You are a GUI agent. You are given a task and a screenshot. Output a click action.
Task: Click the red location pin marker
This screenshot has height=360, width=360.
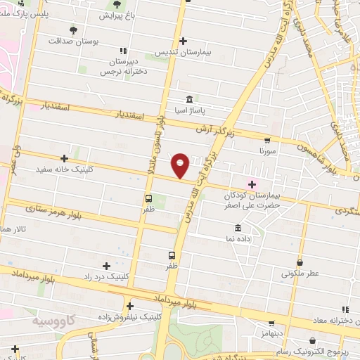181,165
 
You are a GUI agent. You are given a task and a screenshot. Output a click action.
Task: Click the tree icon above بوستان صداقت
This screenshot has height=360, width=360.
74,30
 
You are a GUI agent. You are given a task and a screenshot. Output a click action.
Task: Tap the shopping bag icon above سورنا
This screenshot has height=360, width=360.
266,140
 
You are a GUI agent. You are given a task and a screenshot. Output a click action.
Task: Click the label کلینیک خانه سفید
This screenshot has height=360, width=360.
65,169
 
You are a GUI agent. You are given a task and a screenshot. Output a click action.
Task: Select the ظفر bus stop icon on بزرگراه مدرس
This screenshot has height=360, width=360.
172,256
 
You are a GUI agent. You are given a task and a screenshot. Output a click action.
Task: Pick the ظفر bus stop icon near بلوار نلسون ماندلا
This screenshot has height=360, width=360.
148,198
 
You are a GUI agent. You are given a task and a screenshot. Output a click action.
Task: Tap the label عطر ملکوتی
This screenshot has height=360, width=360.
300,273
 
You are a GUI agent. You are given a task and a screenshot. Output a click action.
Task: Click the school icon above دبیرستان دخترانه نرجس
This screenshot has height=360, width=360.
124,51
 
